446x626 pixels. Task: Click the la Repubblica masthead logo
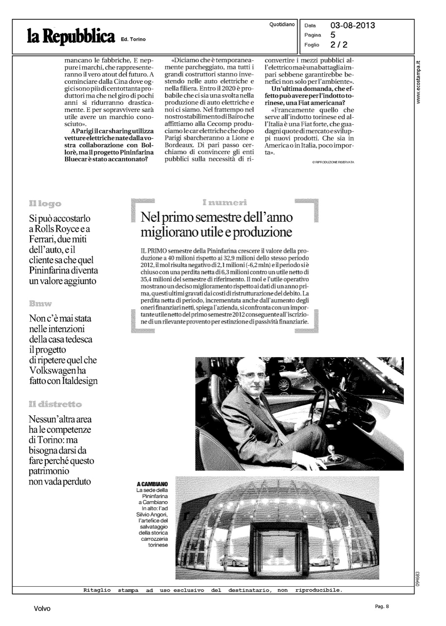[71, 36]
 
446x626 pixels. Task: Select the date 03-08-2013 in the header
[352, 26]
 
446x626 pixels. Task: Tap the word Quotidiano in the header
[282, 25]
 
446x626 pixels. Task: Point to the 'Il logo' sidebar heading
[45, 204]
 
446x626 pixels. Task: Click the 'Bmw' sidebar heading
[40, 303]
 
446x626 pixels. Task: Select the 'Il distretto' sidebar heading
[55, 404]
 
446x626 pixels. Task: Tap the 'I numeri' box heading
[224, 202]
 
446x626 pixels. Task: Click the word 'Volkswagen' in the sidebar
[49, 370]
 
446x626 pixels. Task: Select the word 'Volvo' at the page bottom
[42, 609]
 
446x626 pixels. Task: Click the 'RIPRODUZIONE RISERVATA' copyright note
[333, 162]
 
